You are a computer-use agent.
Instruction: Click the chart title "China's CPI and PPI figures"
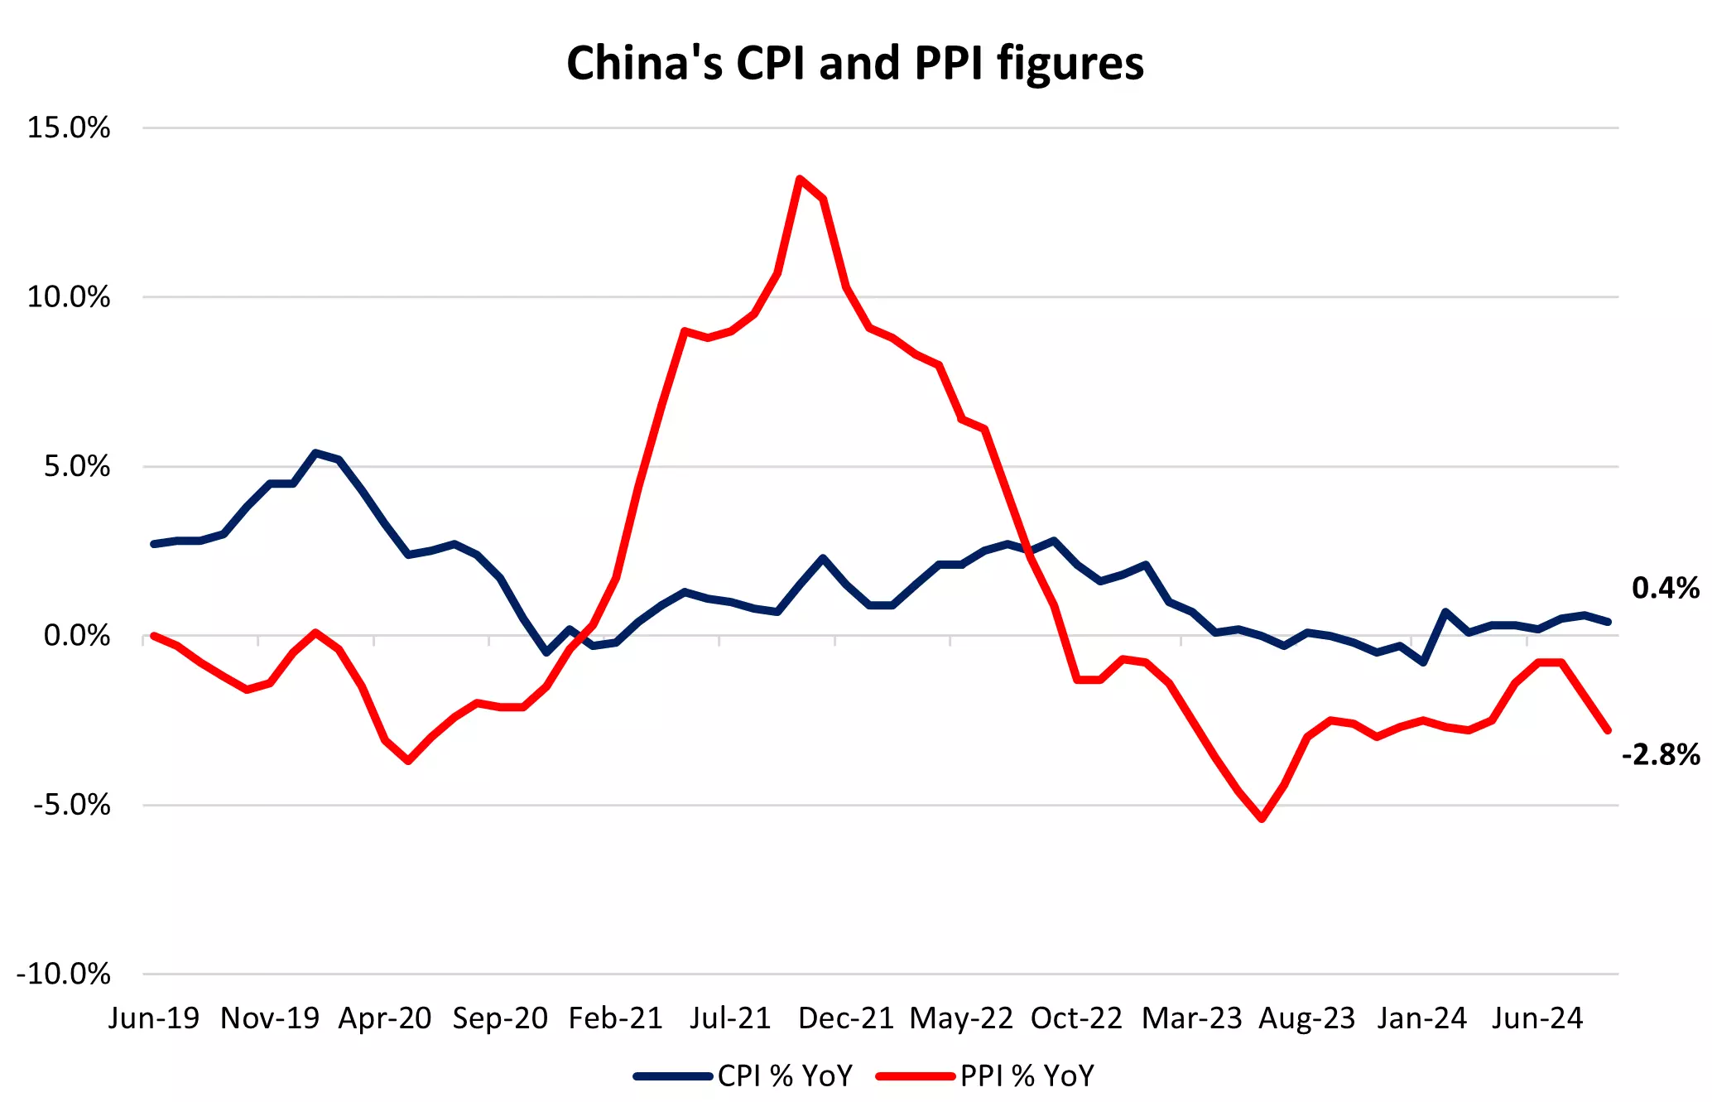(x=855, y=63)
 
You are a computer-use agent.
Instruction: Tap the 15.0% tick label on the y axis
(x=69, y=128)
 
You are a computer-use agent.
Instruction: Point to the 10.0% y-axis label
(x=69, y=296)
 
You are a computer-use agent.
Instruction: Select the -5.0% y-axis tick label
(x=71, y=804)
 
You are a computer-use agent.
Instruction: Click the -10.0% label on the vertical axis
(x=64, y=974)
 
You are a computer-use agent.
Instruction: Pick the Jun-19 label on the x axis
(x=154, y=1018)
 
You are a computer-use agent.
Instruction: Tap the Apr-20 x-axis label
(x=385, y=1018)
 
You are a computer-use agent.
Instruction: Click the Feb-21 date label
(x=615, y=1018)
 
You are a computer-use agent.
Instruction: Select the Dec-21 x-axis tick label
(x=846, y=1018)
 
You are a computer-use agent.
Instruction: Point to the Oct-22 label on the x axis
(x=1076, y=1018)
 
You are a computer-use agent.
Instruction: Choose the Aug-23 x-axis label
(x=1307, y=1018)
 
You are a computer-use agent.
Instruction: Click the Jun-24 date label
(x=1537, y=1018)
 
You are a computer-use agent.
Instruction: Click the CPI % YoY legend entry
(x=784, y=1076)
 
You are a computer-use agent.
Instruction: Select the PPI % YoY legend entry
(x=1027, y=1076)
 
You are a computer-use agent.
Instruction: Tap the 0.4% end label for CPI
(x=1665, y=588)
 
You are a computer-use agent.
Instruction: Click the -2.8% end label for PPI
(x=1661, y=754)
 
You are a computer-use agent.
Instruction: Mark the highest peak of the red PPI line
(x=799, y=178)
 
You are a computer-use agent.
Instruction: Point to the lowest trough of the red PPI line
(x=1262, y=819)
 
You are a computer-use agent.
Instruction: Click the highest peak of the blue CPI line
(x=315, y=453)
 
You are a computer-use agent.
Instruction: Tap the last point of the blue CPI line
(x=1608, y=621)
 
